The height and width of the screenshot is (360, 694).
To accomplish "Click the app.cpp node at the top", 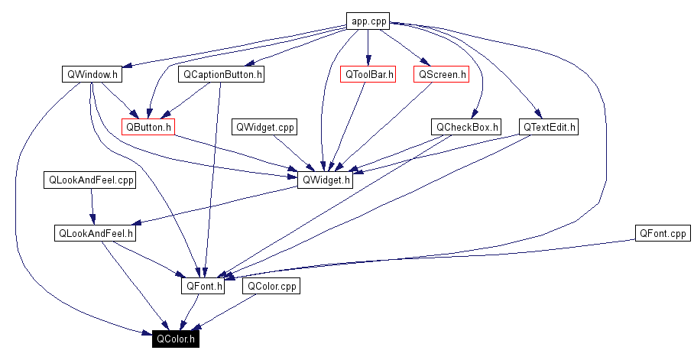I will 368,21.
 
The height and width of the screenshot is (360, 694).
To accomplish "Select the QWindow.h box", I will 92,75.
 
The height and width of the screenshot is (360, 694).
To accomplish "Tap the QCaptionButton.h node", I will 221,75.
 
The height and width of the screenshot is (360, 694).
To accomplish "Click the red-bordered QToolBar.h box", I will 368,75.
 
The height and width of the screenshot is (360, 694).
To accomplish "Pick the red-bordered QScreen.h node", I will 441,75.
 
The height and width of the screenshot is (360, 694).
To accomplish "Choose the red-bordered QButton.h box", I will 148,127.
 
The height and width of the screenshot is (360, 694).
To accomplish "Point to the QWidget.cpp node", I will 264,127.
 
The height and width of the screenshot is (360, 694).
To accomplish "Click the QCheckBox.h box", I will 465,127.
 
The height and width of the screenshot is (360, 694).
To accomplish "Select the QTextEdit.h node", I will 548,127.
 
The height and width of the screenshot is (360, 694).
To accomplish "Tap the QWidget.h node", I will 326,180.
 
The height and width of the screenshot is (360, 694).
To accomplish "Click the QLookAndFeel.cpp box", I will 89,180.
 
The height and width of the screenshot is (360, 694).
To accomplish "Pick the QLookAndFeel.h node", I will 96,233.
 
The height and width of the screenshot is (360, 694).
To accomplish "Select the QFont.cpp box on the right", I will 661,233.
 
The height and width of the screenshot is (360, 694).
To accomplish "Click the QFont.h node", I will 203,287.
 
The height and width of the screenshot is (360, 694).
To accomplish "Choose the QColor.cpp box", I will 271,287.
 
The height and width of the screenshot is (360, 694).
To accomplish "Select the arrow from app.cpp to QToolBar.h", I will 368,47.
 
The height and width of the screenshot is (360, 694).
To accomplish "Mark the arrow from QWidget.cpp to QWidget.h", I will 294,153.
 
